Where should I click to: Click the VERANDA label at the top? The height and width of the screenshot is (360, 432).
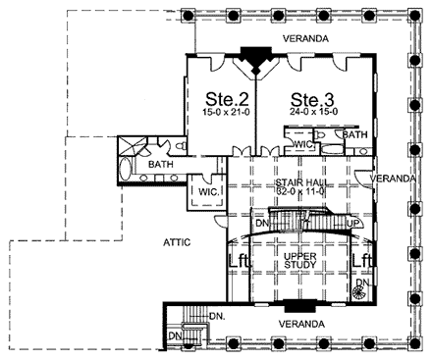coord(306,38)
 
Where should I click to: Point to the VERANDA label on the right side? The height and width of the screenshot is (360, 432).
coord(395,178)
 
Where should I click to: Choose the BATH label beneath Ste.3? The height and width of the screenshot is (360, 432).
coord(354,134)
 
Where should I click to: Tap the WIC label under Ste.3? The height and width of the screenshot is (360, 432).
coord(303,144)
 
